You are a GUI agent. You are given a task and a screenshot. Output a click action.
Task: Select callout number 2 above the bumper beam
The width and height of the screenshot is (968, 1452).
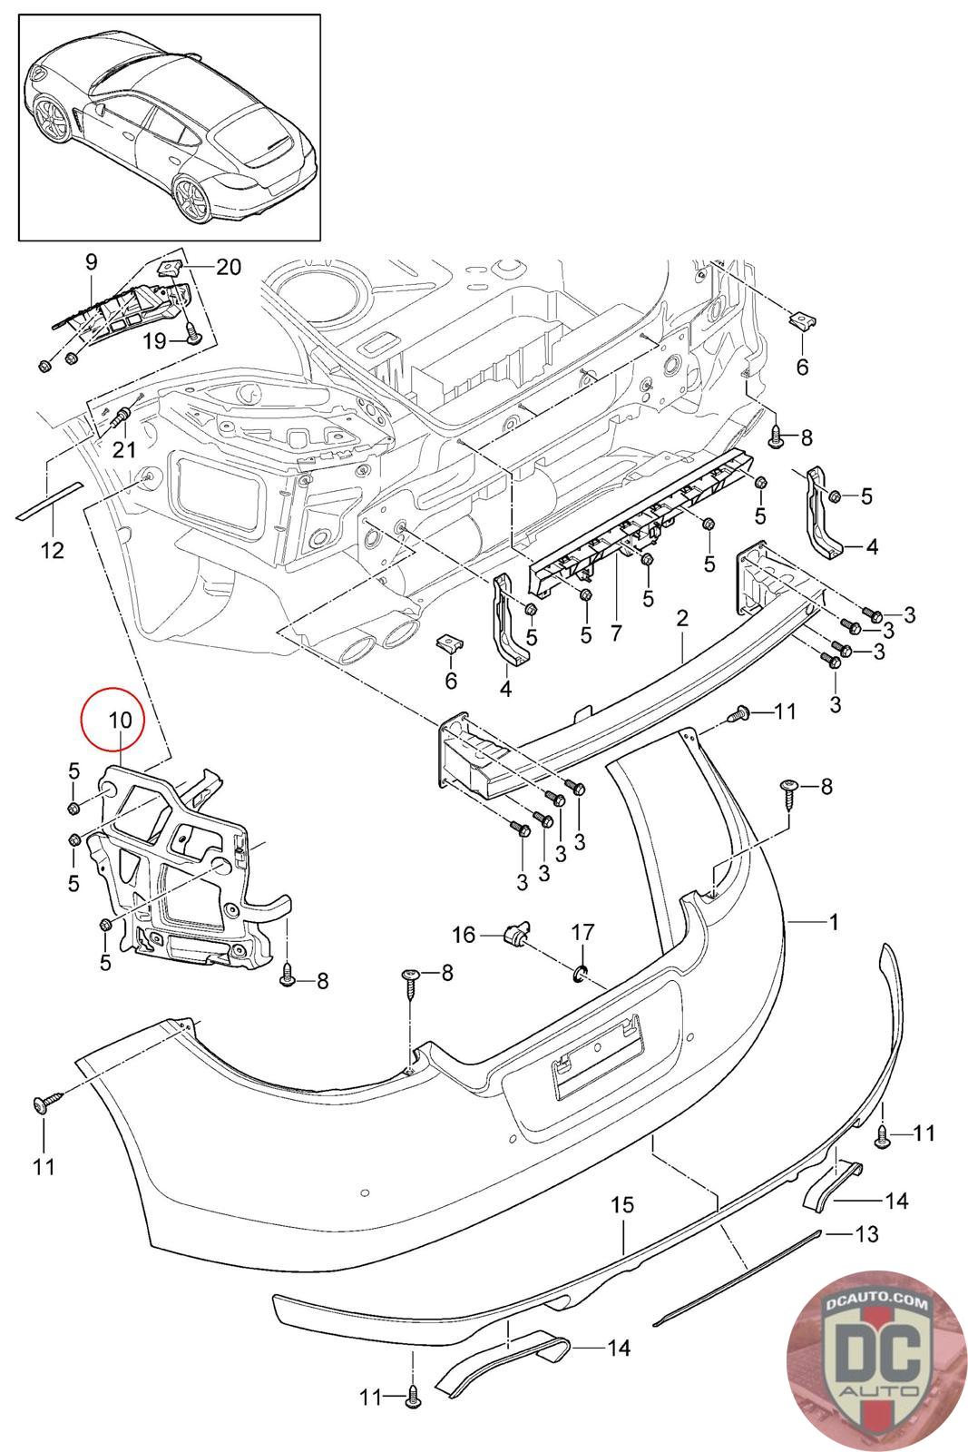coord(682,618)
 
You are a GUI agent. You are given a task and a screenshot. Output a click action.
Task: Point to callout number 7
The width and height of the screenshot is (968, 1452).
coord(617,633)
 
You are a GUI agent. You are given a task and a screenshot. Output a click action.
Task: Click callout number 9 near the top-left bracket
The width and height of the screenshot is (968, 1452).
coord(91,262)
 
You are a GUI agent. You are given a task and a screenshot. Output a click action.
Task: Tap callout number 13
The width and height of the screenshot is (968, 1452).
coord(866,1233)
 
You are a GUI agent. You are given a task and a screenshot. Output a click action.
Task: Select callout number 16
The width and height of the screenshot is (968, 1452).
coord(464,933)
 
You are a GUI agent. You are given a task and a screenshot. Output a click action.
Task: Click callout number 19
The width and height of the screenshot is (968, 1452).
coord(155,340)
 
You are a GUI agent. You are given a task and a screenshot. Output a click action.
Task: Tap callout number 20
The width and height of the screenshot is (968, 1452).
coord(229,267)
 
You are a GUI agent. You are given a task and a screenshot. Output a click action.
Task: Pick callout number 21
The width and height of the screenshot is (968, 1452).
coord(122,448)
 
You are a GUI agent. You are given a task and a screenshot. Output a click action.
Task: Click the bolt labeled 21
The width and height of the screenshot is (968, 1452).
coord(122,419)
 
